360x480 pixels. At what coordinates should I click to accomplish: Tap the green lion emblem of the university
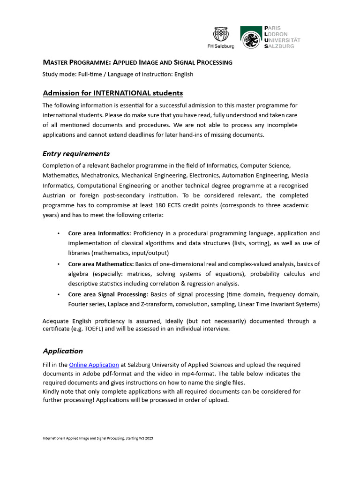(251, 37)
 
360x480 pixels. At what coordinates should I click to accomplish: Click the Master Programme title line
(137, 62)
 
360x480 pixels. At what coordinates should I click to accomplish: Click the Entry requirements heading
(76, 154)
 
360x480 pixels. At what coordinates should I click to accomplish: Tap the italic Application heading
(62, 351)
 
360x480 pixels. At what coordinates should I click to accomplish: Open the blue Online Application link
(94, 365)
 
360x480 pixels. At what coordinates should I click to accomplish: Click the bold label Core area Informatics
(99, 233)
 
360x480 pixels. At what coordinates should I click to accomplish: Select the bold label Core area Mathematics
(101, 264)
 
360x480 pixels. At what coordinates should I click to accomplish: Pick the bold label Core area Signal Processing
(107, 294)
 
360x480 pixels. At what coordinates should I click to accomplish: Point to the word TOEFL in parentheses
(94, 329)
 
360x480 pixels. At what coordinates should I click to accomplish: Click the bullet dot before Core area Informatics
(58, 233)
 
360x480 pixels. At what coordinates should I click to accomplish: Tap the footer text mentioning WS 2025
(98, 438)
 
